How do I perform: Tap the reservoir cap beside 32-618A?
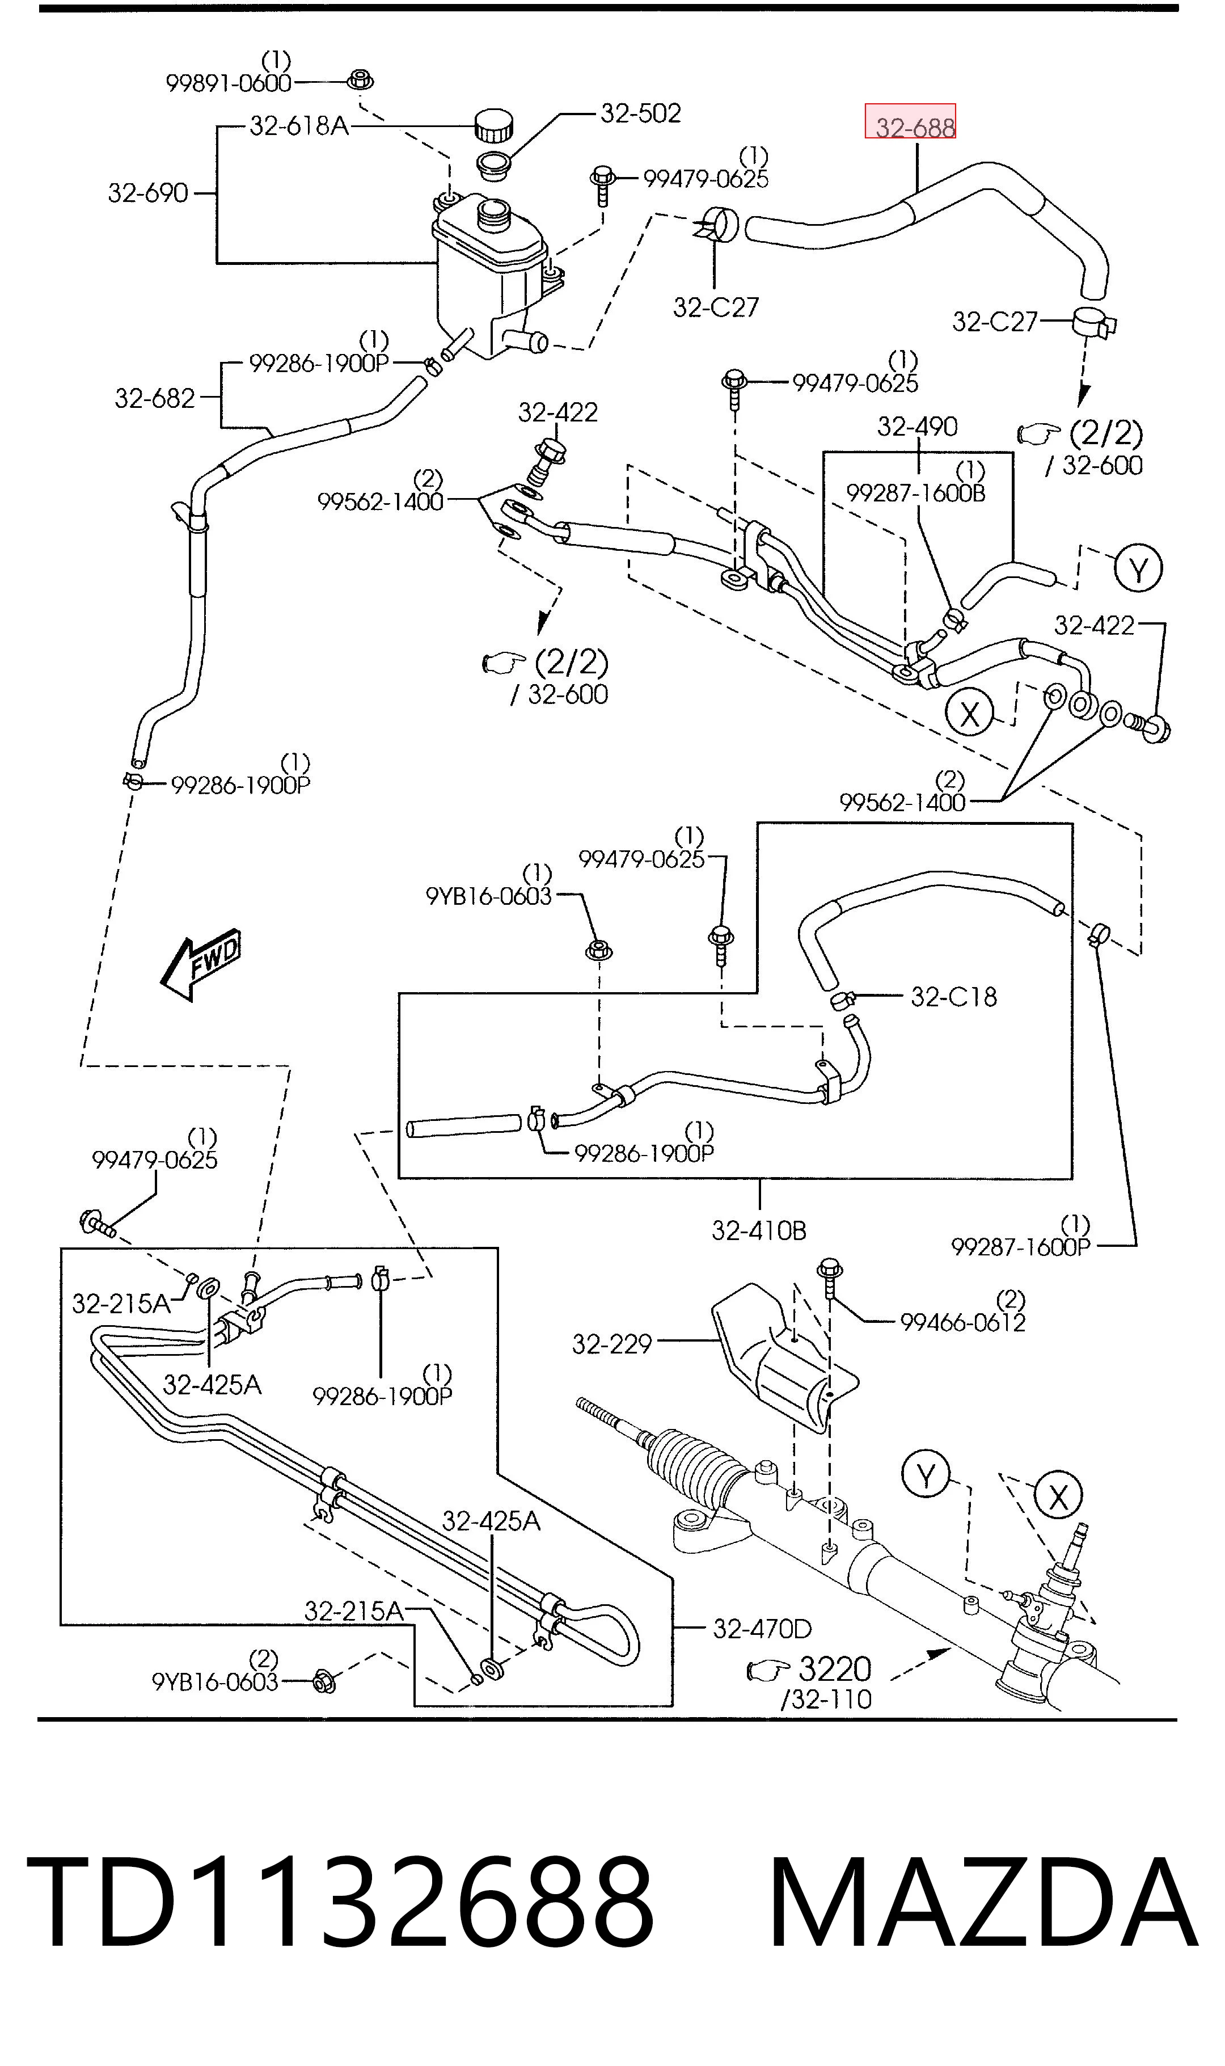[x=493, y=125]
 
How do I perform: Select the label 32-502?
[x=640, y=113]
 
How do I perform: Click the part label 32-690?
[x=149, y=193]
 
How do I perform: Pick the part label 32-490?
[x=917, y=426]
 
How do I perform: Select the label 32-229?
[x=612, y=1344]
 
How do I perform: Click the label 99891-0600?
[x=229, y=83]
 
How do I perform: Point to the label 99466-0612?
[x=962, y=1322]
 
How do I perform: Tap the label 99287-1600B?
[x=916, y=493]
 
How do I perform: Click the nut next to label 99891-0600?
[x=359, y=80]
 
